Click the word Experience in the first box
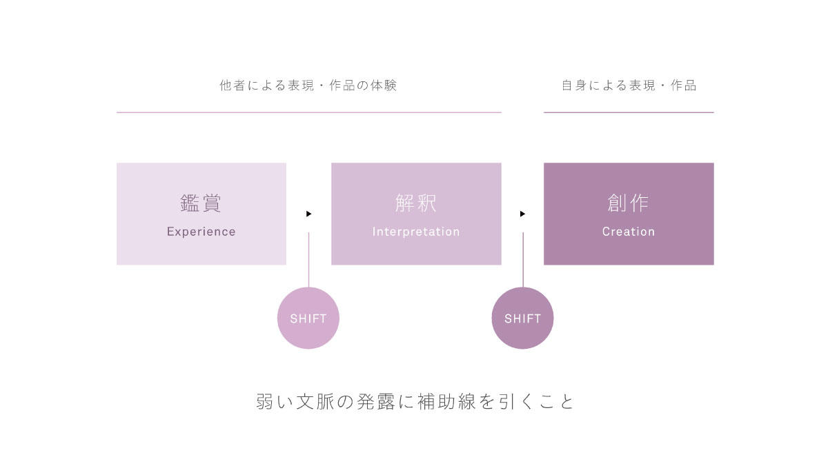click(201, 232)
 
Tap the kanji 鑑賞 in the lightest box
click(201, 203)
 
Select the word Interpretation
click(416, 232)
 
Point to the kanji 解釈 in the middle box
click(416, 203)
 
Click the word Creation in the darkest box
click(629, 232)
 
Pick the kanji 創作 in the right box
click(628, 203)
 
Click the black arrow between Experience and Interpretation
click(309, 214)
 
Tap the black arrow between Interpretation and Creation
click(523, 214)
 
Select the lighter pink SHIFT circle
click(308, 318)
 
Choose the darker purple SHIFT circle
click(523, 318)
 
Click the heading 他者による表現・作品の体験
click(308, 85)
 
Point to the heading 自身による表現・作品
click(629, 85)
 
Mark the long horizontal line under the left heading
click(309, 112)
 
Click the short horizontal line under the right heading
click(629, 112)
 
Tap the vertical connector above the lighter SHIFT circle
click(308, 260)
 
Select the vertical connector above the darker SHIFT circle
click(523, 260)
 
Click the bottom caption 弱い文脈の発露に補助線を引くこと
click(415, 402)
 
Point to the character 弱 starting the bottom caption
click(265, 402)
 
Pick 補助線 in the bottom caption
click(446, 402)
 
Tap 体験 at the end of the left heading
click(384, 85)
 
